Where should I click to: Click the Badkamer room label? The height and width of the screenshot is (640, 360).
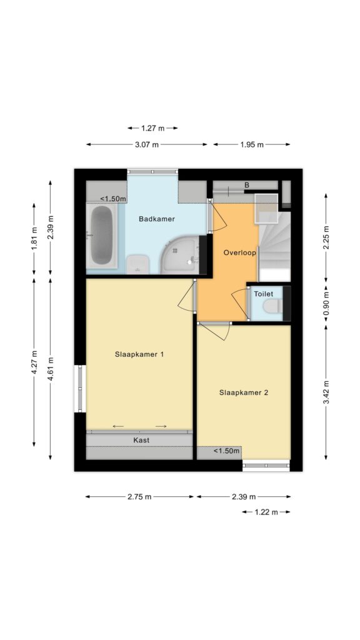click(x=157, y=219)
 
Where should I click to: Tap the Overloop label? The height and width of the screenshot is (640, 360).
click(x=239, y=252)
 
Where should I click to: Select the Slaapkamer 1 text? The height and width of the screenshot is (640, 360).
click(x=139, y=354)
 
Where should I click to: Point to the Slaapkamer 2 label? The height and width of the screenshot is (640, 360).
click(x=244, y=392)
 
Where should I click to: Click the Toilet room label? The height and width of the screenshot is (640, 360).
click(x=263, y=294)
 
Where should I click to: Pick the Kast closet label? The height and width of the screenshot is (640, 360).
click(x=141, y=440)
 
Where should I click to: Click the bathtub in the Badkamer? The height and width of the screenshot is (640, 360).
click(x=102, y=235)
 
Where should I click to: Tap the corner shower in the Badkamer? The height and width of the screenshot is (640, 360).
click(x=181, y=255)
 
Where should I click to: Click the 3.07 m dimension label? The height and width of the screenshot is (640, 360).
click(x=147, y=144)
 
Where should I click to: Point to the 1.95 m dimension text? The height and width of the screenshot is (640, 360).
click(x=252, y=144)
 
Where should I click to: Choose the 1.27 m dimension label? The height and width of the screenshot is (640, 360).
click(x=152, y=128)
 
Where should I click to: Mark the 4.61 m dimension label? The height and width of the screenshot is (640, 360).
click(x=50, y=369)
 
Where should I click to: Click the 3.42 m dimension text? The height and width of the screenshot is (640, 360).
click(x=326, y=392)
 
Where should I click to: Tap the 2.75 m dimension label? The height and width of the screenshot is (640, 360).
click(x=139, y=497)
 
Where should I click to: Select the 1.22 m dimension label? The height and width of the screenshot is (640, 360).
click(x=266, y=512)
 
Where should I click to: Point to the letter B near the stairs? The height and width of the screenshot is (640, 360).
click(x=246, y=185)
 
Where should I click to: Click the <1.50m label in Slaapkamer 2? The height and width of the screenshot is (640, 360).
click(x=226, y=451)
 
